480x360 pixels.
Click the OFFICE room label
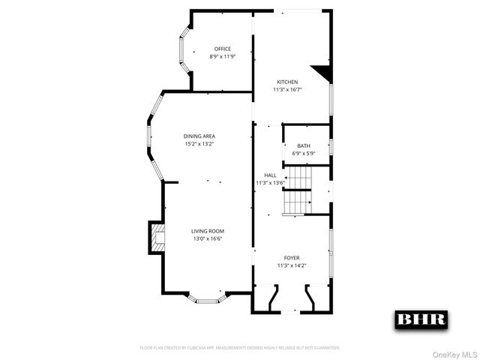pyautogui.click(x=212, y=49)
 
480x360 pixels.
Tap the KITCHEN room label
pyautogui.click(x=287, y=82)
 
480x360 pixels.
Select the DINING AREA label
pyautogui.click(x=199, y=136)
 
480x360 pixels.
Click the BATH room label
pyautogui.click(x=304, y=145)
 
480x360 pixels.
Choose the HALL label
pyautogui.click(x=270, y=175)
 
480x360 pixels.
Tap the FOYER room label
pyautogui.click(x=292, y=257)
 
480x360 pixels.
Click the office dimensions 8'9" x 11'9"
pyautogui.click(x=212, y=56)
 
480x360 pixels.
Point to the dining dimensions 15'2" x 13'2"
pyautogui.click(x=199, y=143)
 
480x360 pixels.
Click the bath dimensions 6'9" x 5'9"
pyautogui.click(x=304, y=153)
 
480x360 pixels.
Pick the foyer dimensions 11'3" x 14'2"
pyautogui.click(x=292, y=265)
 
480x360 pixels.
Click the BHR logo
pyautogui.click(x=421, y=319)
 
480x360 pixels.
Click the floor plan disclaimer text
pyautogui.click(x=240, y=348)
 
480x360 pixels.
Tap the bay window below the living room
pyautogui.click(x=206, y=298)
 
